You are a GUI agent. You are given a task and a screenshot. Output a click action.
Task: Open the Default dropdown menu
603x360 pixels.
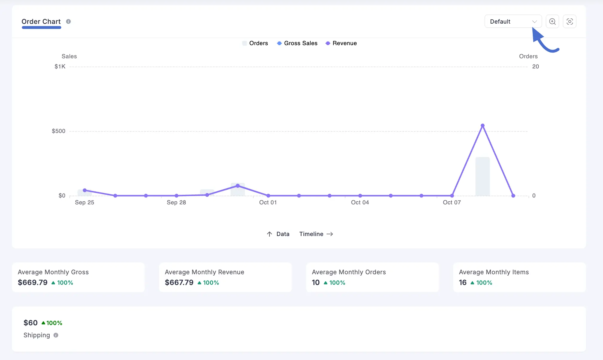click(x=513, y=22)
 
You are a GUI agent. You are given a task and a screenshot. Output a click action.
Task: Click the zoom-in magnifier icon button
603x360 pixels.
click(x=552, y=22)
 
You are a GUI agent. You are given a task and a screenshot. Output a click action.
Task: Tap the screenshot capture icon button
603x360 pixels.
click(x=570, y=22)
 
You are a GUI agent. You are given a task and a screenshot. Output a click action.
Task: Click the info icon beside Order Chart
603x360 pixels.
click(x=68, y=22)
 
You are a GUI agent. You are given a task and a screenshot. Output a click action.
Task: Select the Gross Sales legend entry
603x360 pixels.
click(x=297, y=43)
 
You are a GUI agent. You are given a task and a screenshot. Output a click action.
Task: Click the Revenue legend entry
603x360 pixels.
click(x=341, y=43)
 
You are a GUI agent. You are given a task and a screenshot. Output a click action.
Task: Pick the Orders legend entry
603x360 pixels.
click(x=255, y=43)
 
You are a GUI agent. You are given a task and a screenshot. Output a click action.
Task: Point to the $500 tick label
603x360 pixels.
click(x=59, y=131)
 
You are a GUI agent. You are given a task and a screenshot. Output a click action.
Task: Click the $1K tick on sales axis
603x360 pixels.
click(x=60, y=67)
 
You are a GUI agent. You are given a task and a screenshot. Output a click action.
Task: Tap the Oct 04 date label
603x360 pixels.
click(x=360, y=203)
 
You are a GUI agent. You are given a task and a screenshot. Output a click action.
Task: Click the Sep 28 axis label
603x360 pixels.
click(x=176, y=203)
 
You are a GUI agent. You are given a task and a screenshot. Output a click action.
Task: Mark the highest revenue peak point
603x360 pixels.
click(x=483, y=126)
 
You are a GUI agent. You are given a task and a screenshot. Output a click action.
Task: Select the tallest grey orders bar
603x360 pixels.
click(x=483, y=176)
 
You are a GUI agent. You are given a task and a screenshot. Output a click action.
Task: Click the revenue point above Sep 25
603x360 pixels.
click(x=85, y=190)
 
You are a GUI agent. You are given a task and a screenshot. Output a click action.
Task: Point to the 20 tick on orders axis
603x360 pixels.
click(x=535, y=67)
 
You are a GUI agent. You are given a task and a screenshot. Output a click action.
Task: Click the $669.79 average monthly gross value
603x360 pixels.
click(x=33, y=283)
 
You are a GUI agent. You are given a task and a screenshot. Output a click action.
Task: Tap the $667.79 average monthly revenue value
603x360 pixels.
click(x=179, y=283)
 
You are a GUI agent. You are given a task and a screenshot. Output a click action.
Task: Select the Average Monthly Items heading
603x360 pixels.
click(x=494, y=272)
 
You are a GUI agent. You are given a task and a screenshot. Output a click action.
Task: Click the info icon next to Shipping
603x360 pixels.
click(x=56, y=335)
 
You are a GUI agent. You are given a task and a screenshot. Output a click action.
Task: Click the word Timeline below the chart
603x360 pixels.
click(x=311, y=234)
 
